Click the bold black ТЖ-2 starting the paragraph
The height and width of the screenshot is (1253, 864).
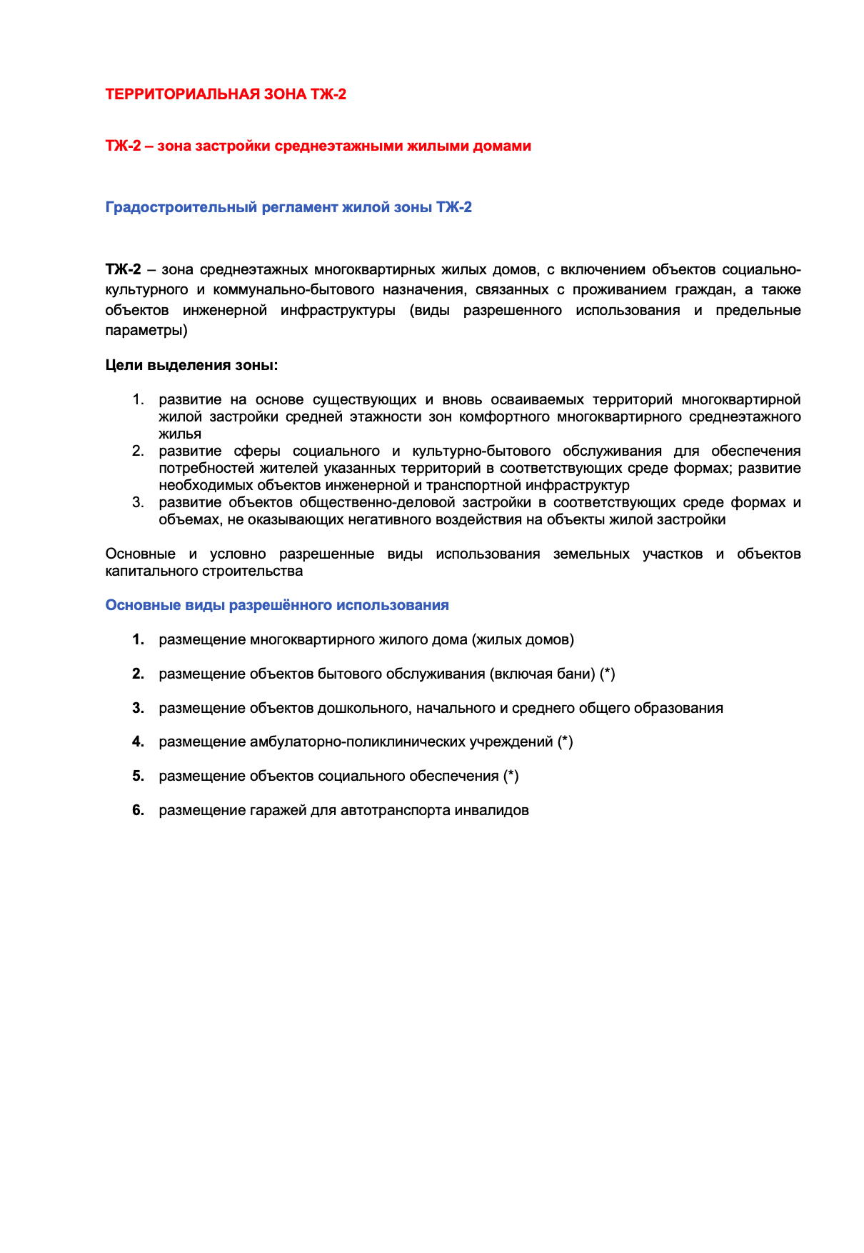123,270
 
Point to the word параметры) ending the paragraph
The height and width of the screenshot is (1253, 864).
146,331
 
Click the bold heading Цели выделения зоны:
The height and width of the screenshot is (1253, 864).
191,366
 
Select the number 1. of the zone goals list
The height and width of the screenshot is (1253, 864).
138,399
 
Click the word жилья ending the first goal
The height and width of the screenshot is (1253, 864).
180,434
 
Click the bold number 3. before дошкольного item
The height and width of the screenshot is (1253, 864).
138,708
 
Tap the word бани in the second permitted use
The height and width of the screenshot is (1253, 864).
576,674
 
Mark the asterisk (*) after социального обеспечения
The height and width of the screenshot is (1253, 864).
511,776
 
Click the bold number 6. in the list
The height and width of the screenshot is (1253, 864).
138,810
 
